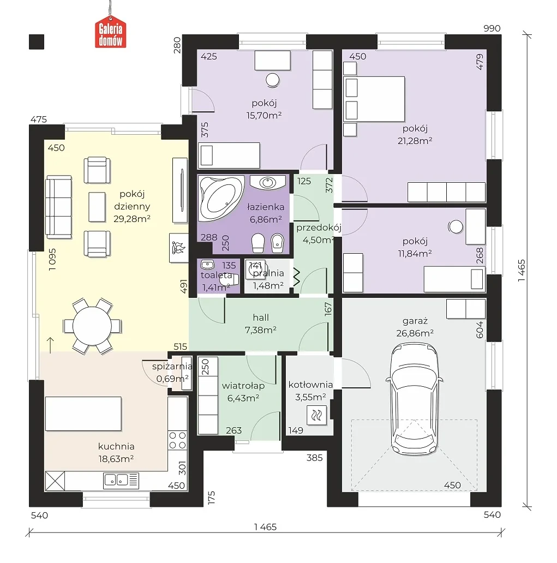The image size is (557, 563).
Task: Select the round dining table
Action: (x=92, y=326)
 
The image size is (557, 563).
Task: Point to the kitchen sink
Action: (x=121, y=480)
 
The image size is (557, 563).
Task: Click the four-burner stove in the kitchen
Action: (x=178, y=440)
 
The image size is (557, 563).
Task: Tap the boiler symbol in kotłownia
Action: (x=317, y=415)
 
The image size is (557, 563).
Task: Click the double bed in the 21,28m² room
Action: (x=374, y=99)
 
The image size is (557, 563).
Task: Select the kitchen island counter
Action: (x=83, y=414)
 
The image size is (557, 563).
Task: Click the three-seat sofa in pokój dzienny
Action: (x=58, y=207)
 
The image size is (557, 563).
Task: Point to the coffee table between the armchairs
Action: (x=97, y=207)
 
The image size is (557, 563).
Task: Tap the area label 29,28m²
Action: (x=132, y=219)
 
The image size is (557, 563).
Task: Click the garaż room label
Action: (x=415, y=321)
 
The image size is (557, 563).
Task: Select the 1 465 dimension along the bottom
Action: (x=265, y=527)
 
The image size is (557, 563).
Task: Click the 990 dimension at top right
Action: (x=492, y=28)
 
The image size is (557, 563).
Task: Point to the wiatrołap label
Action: (x=243, y=386)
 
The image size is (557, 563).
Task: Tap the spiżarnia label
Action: (x=172, y=367)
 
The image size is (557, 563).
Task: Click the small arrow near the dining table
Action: (x=50, y=345)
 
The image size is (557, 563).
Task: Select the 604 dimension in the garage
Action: (x=480, y=330)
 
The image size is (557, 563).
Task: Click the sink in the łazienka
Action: (x=267, y=182)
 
